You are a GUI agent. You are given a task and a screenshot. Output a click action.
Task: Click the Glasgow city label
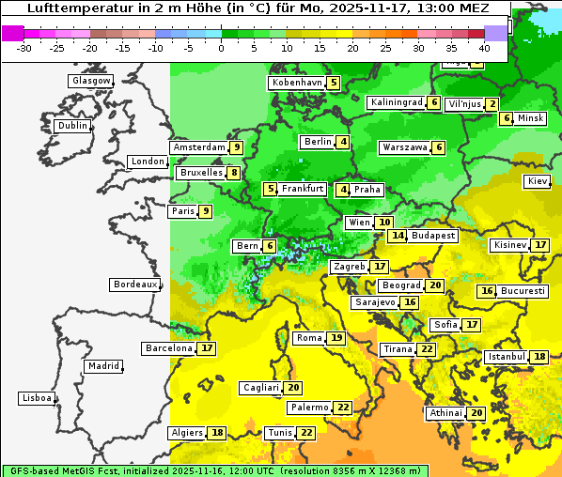coord(90,81)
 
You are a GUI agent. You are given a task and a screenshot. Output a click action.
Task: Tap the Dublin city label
coord(72,126)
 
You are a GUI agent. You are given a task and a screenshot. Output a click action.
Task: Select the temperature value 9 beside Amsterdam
coord(237,147)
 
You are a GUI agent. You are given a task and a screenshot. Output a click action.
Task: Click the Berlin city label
coord(317,142)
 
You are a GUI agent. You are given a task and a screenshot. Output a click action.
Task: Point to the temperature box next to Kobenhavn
coord(334,83)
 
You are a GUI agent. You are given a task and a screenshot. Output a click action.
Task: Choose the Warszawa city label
coord(404,147)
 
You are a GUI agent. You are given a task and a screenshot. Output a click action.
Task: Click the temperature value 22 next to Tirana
coord(427,349)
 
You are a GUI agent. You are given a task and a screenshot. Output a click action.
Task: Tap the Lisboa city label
coord(36,398)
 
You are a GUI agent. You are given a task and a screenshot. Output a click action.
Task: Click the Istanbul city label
coord(507,357)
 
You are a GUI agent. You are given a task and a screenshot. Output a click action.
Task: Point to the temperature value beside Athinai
coord(476,413)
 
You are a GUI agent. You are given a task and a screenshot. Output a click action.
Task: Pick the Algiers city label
coord(186,433)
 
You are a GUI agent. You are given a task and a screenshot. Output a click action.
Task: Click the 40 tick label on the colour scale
coord(484,47)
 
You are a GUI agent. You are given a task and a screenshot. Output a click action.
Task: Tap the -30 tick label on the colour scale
coord(24,47)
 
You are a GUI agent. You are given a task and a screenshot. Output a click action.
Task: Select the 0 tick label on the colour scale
coord(221,47)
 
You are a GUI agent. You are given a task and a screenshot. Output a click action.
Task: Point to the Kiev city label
coord(538,181)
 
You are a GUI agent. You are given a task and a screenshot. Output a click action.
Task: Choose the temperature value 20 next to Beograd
coord(435,285)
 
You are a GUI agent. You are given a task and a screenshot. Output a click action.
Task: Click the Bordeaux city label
coord(134,285)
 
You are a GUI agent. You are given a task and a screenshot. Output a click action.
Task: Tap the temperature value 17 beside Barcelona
coord(207,348)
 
